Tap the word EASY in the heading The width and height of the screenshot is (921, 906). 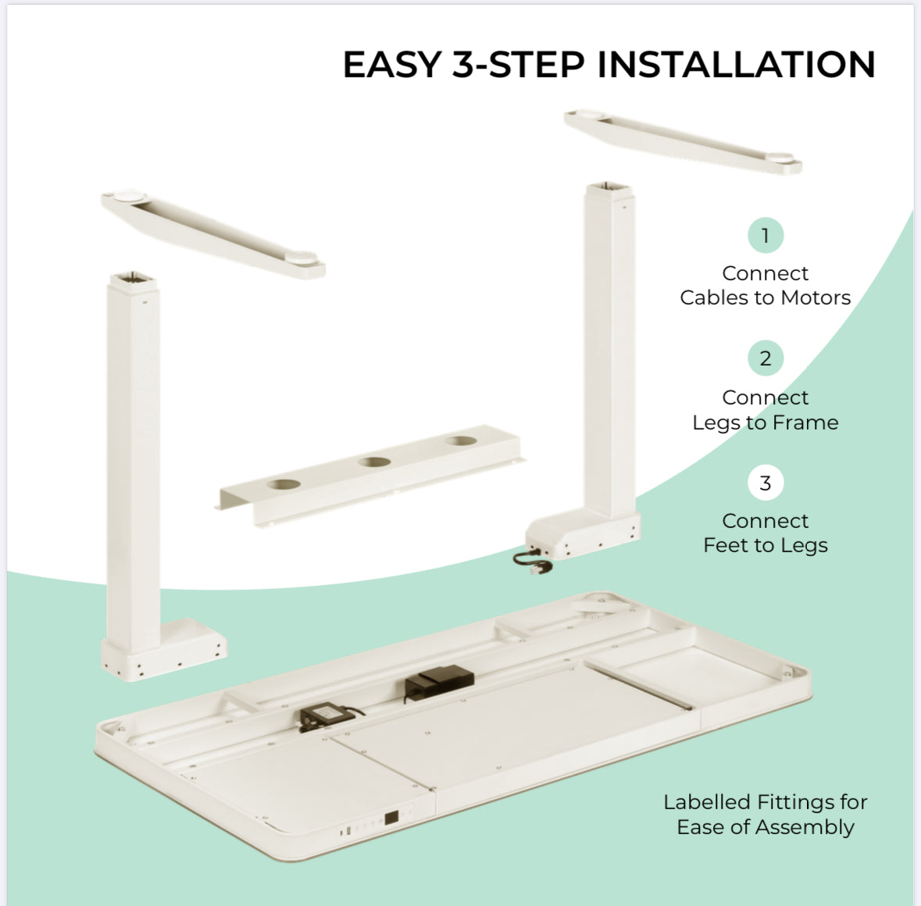(392, 64)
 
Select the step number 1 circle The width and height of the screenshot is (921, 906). (765, 235)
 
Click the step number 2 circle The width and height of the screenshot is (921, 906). (765, 358)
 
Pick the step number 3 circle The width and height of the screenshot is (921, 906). (765, 483)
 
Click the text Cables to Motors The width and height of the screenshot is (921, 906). (765, 298)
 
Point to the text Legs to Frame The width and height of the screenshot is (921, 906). (765, 423)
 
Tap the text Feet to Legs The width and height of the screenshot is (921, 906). (765, 545)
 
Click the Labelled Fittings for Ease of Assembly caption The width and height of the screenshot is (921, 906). (765, 814)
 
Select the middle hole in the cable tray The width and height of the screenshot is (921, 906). (374, 462)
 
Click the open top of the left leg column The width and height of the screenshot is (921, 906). (131, 279)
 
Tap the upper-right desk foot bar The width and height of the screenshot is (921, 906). (682, 141)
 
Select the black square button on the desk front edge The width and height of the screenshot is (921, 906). (391, 818)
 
